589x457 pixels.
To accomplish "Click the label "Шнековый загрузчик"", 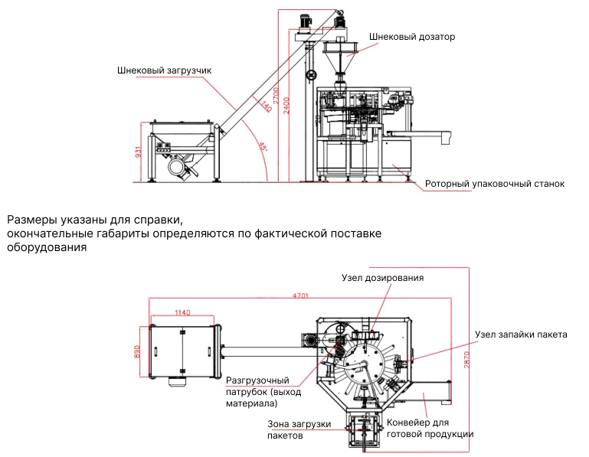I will coord(164,70).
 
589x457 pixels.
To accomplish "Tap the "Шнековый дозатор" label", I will coord(411,36).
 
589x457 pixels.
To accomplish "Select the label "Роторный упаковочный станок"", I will coord(495,184).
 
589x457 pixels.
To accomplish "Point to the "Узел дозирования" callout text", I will coord(382,277).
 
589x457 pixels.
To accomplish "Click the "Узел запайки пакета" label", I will coord(521,335).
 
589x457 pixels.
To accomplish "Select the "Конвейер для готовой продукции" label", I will coord(430,428).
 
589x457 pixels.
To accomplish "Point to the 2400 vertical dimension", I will coord(285,103).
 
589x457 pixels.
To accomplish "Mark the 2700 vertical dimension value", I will coord(277,103).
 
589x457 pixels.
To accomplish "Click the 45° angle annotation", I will coord(263,147).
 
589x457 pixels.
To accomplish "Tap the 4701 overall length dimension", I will coord(304,295).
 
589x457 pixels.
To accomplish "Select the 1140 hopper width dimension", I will coord(183,312).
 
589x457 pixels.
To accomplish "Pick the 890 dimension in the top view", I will coord(139,351).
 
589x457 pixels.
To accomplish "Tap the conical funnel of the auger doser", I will coord(339,58).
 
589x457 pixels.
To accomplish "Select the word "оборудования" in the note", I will coord(46,247).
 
